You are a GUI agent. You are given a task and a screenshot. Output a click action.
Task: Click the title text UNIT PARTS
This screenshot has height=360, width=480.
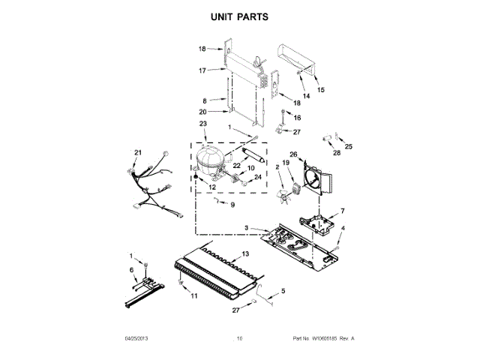click(239, 16)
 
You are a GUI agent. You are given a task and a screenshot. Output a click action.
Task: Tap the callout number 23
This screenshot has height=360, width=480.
click(202, 124)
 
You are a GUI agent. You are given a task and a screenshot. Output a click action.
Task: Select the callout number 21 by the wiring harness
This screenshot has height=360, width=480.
click(137, 153)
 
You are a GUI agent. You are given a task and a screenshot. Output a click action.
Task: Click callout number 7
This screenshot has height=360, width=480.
click(343, 211)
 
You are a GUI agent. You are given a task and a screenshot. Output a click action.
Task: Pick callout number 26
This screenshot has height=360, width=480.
click(292, 155)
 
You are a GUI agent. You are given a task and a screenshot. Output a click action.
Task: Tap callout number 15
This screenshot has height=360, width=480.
click(321, 90)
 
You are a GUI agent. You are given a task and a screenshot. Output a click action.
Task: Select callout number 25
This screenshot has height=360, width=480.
click(347, 146)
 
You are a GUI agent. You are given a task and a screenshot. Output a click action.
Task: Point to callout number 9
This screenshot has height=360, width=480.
click(232, 205)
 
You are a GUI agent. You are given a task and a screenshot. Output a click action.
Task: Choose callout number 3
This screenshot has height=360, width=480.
click(245, 227)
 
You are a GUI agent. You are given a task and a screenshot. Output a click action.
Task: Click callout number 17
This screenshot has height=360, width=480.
click(202, 70)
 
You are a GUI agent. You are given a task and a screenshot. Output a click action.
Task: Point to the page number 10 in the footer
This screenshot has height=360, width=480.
click(239, 339)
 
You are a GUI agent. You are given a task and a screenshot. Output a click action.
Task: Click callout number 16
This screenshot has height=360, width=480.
click(297, 118)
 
